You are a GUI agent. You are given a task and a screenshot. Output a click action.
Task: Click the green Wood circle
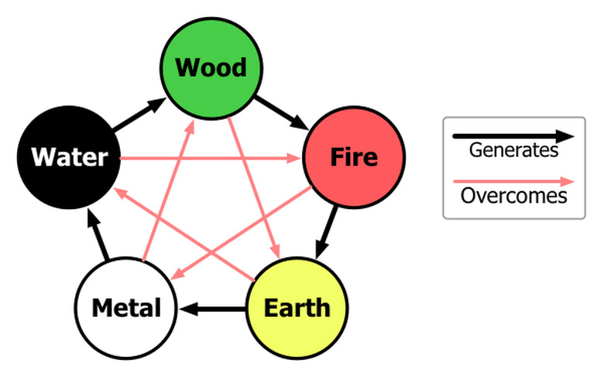[x=211, y=68]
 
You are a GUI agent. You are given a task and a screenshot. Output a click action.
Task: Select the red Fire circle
[x=354, y=158]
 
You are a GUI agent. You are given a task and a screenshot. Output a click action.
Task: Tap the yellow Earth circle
[x=297, y=307]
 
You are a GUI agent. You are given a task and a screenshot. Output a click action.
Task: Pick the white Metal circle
[x=127, y=307]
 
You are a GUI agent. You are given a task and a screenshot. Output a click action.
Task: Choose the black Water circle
[x=69, y=158]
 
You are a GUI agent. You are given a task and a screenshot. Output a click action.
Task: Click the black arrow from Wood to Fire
[x=282, y=112]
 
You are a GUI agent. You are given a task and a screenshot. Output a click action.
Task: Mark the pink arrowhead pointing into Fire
[x=295, y=159]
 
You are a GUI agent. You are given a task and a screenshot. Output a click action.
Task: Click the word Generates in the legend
[x=513, y=150]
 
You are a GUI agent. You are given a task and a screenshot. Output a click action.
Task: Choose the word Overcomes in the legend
[x=513, y=195]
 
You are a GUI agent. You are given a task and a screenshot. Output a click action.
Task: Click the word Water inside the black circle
[x=69, y=158]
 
